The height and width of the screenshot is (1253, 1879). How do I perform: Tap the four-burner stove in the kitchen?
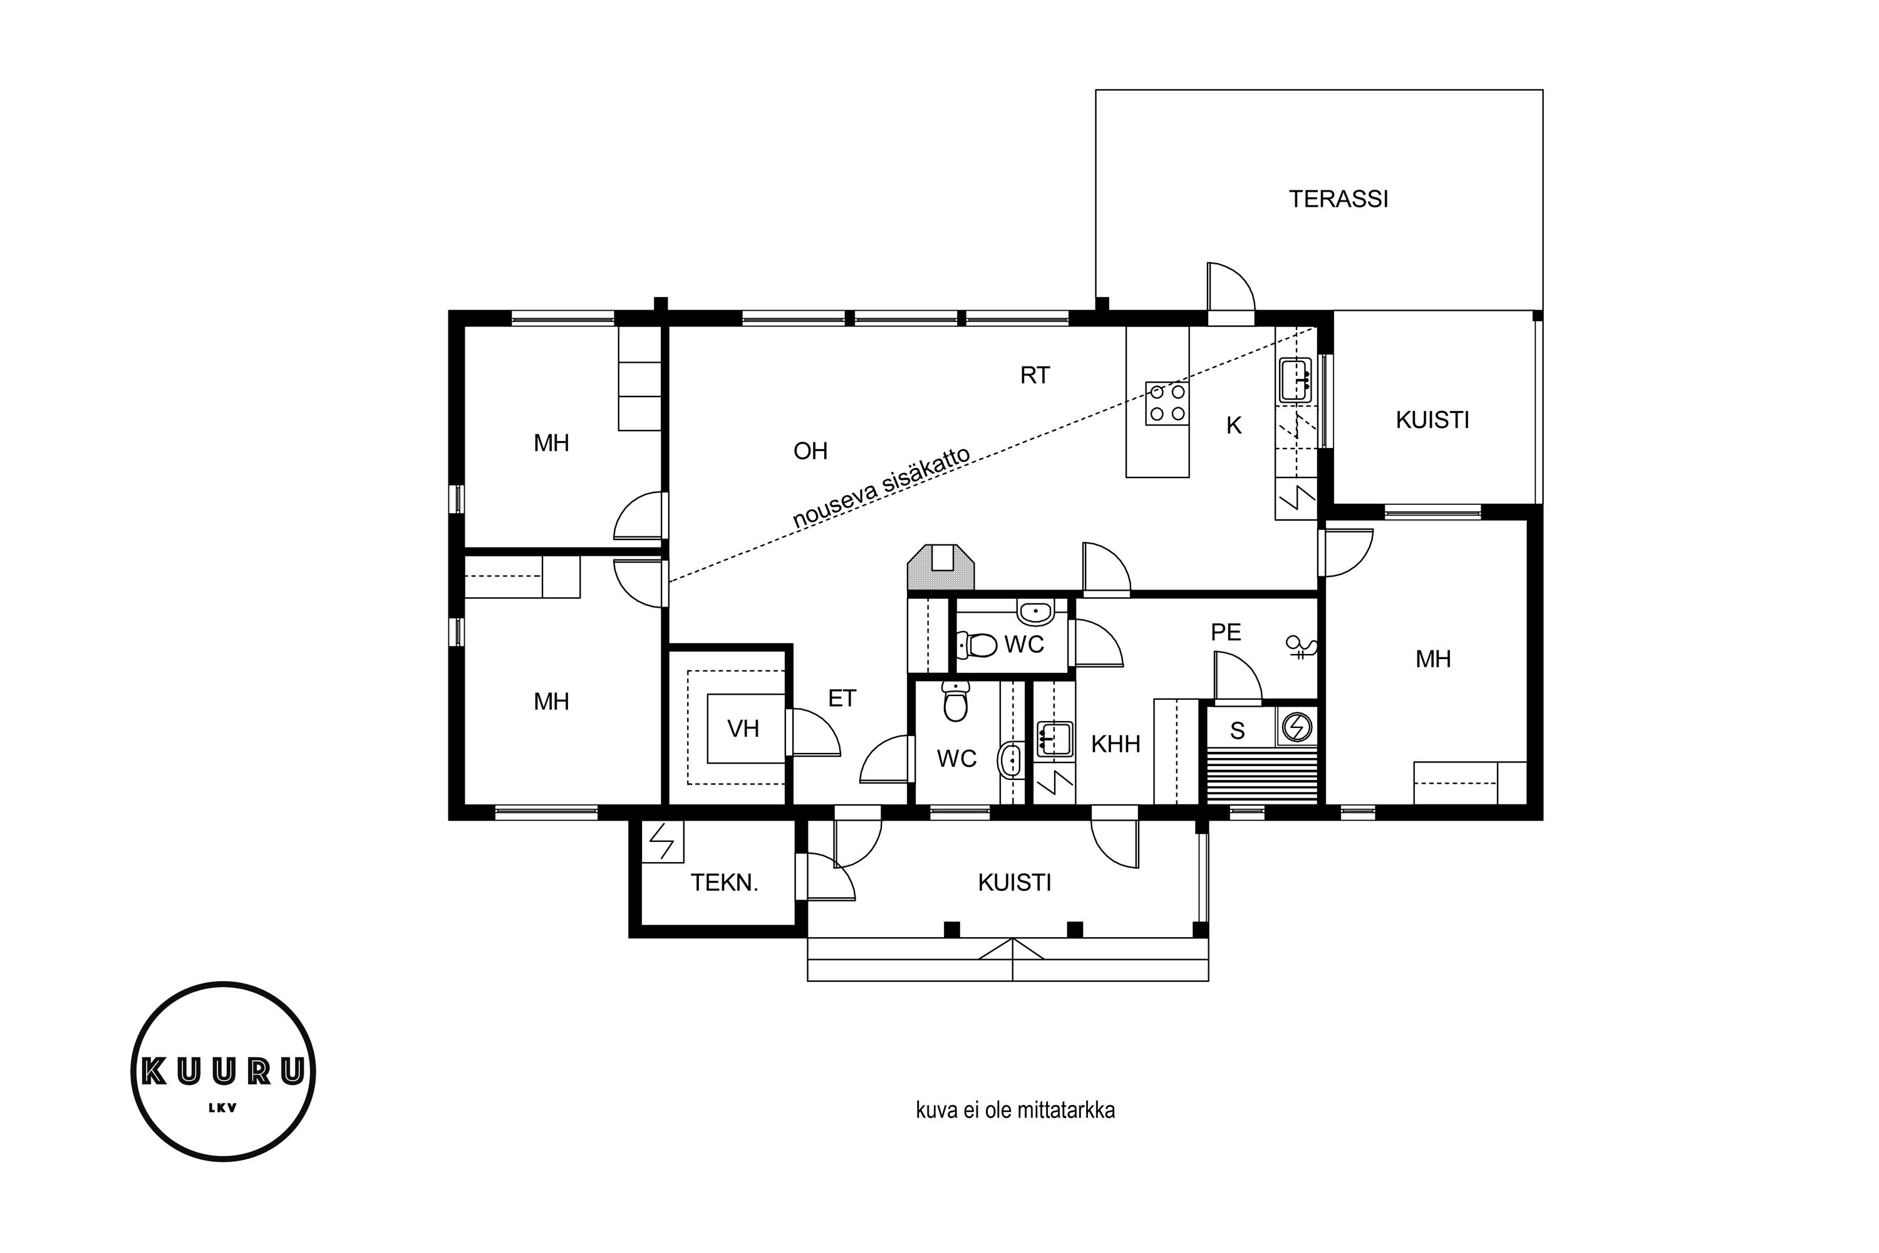[x=1167, y=403]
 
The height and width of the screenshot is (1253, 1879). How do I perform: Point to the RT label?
[x=1035, y=375]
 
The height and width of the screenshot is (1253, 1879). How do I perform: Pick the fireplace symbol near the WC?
[x=941, y=568]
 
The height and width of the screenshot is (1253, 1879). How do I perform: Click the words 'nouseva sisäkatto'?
[x=881, y=487]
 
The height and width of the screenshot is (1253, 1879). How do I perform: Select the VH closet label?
[x=743, y=728]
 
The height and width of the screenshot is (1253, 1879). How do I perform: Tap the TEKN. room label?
[x=724, y=883]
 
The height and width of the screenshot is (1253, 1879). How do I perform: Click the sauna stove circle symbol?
[x=1297, y=726]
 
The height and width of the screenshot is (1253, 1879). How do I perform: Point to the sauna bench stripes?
[x=1261, y=776]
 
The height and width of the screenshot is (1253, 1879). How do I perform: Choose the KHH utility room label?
[x=1115, y=744]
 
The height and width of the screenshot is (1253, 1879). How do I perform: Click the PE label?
[x=1226, y=632]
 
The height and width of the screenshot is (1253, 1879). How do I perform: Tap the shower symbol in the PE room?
[x=1301, y=646]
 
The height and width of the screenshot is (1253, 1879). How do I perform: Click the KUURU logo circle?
[x=224, y=1071]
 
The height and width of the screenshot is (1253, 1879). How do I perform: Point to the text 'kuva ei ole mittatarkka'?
[x=1015, y=1110]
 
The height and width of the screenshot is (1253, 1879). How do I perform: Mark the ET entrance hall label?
[x=842, y=699]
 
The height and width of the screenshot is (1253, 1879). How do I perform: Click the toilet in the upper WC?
[x=976, y=644]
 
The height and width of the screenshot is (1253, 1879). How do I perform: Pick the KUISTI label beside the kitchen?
[x=1432, y=420]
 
